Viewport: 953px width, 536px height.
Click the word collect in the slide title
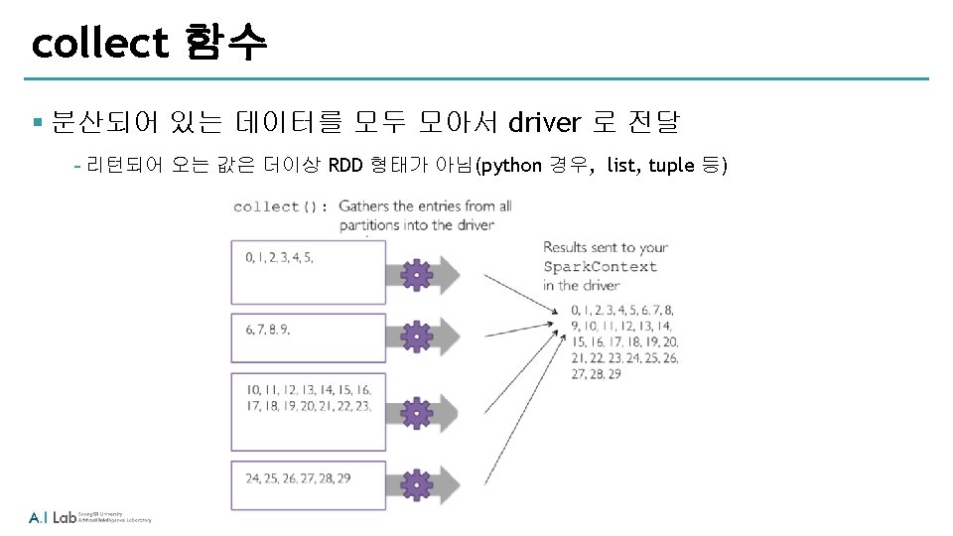(100, 43)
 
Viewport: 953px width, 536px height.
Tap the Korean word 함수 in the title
(226, 43)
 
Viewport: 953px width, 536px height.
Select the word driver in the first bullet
(544, 123)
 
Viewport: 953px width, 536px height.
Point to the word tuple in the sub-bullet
(671, 165)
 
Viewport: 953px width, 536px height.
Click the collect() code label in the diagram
(281, 206)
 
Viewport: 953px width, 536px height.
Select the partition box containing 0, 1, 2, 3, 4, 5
(308, 269)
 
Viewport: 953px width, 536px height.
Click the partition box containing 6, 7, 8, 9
(308, 339)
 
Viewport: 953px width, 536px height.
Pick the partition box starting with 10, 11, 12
(308, 399)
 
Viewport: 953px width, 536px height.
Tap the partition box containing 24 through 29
(308, 480)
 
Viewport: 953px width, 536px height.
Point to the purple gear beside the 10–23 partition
(418, 410)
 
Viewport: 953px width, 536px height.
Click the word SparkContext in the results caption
(600, 266)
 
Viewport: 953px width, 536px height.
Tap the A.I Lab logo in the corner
(53, 517)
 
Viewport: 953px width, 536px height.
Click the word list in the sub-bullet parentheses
(622, 165)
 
